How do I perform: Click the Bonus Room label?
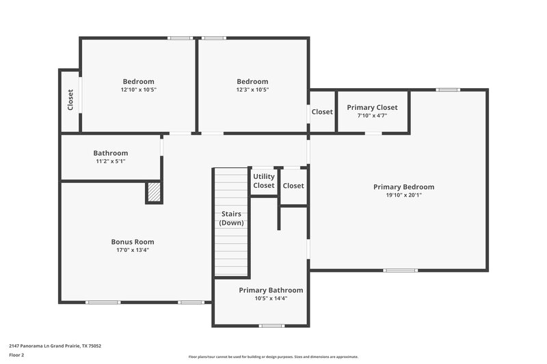[x=133, y=242]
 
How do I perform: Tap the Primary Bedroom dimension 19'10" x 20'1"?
[x=403, y=195]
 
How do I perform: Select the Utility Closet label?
[x=264, y=181]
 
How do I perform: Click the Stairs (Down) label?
[x=231, y=219]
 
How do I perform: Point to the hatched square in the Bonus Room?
[x=155, y=193]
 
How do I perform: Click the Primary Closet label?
[x=372, y=107]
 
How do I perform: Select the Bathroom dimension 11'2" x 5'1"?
[x=111, y=161]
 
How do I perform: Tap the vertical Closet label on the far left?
[x=70, y=100]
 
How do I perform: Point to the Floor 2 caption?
[x=16, y=355]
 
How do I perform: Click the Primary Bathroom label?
[x=271, y=290]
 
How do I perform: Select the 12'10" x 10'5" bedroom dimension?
[x=138, y=89]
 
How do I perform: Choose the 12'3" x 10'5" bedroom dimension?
[x=252, y=89]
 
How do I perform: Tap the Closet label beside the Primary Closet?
[x=322, y=112]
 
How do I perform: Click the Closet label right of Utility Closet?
[x=293, y=186]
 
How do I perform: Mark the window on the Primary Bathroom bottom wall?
[x=272, y=325]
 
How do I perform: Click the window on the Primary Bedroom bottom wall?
[x=400, y=270]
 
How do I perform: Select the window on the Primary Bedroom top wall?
[x=448, y=89]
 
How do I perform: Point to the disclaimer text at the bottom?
[x=273, y=356]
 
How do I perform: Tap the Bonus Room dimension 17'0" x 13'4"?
[x=133, y=250]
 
